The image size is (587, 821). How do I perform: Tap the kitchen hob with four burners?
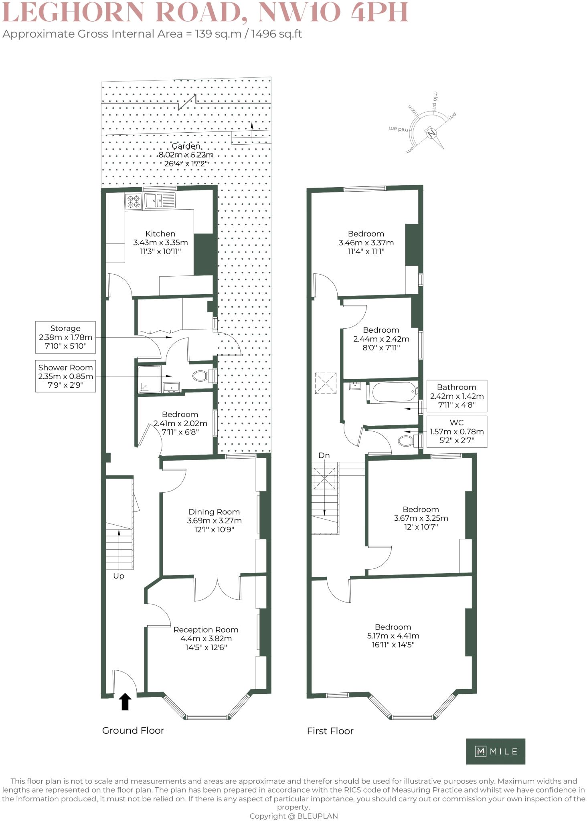coord(133,201)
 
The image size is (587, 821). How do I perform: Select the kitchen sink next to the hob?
coord(160,200)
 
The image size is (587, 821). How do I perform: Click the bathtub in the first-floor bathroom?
coord(394,392)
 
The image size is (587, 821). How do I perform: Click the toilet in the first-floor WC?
coord(407,441)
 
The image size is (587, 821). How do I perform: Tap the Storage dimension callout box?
coord(65,337)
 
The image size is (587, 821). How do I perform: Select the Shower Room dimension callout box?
coord(65,376)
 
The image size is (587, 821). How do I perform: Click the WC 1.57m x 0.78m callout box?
coord(457,431)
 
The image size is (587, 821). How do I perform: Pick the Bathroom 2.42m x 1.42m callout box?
coord(457,396)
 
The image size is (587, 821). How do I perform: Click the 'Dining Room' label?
coord(214,512)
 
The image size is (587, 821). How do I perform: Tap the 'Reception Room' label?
coord(206,629)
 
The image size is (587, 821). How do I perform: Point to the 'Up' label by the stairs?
coord(119,576)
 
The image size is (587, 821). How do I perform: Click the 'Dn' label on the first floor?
coord(324,455)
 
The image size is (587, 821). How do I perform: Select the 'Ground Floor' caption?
coord(133,730)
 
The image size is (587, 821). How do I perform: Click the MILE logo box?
coord(496,751)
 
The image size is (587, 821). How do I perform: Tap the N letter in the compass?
coord(431,133)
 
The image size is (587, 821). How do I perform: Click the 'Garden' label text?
coord(186,146)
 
